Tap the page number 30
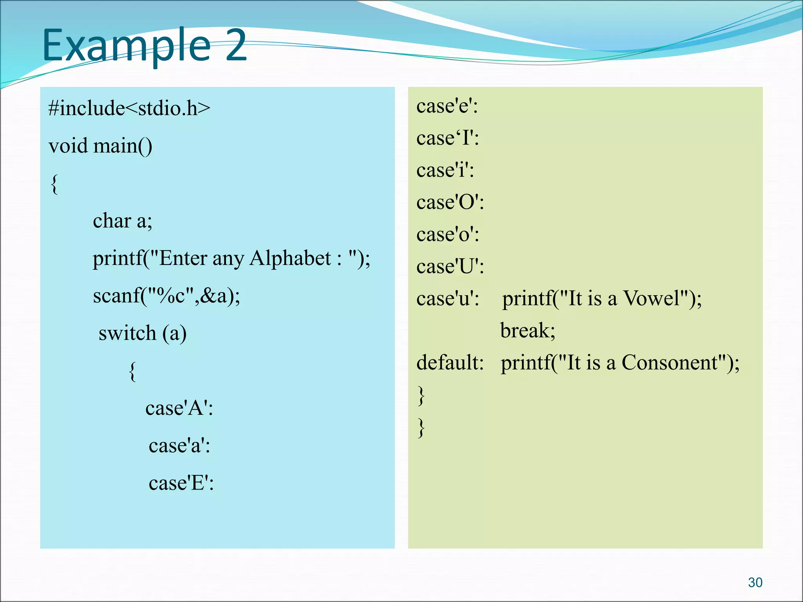tap(755, 582)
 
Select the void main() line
tap(100, 146)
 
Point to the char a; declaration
tap(122, 221)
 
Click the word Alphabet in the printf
tap(290, 258)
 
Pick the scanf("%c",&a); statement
tap(166, 296)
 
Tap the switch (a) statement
tap(142, 333)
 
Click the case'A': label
tap(179, 408)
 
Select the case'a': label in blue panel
tap(179, 446)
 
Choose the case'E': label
tap(181, 483)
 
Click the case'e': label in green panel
tap(447, 106)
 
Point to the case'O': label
tap(450, 202)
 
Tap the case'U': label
tap(450, 267)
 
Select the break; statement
tap(528, 330)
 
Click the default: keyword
tap(450, 363)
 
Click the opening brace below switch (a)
tap(133, 371)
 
